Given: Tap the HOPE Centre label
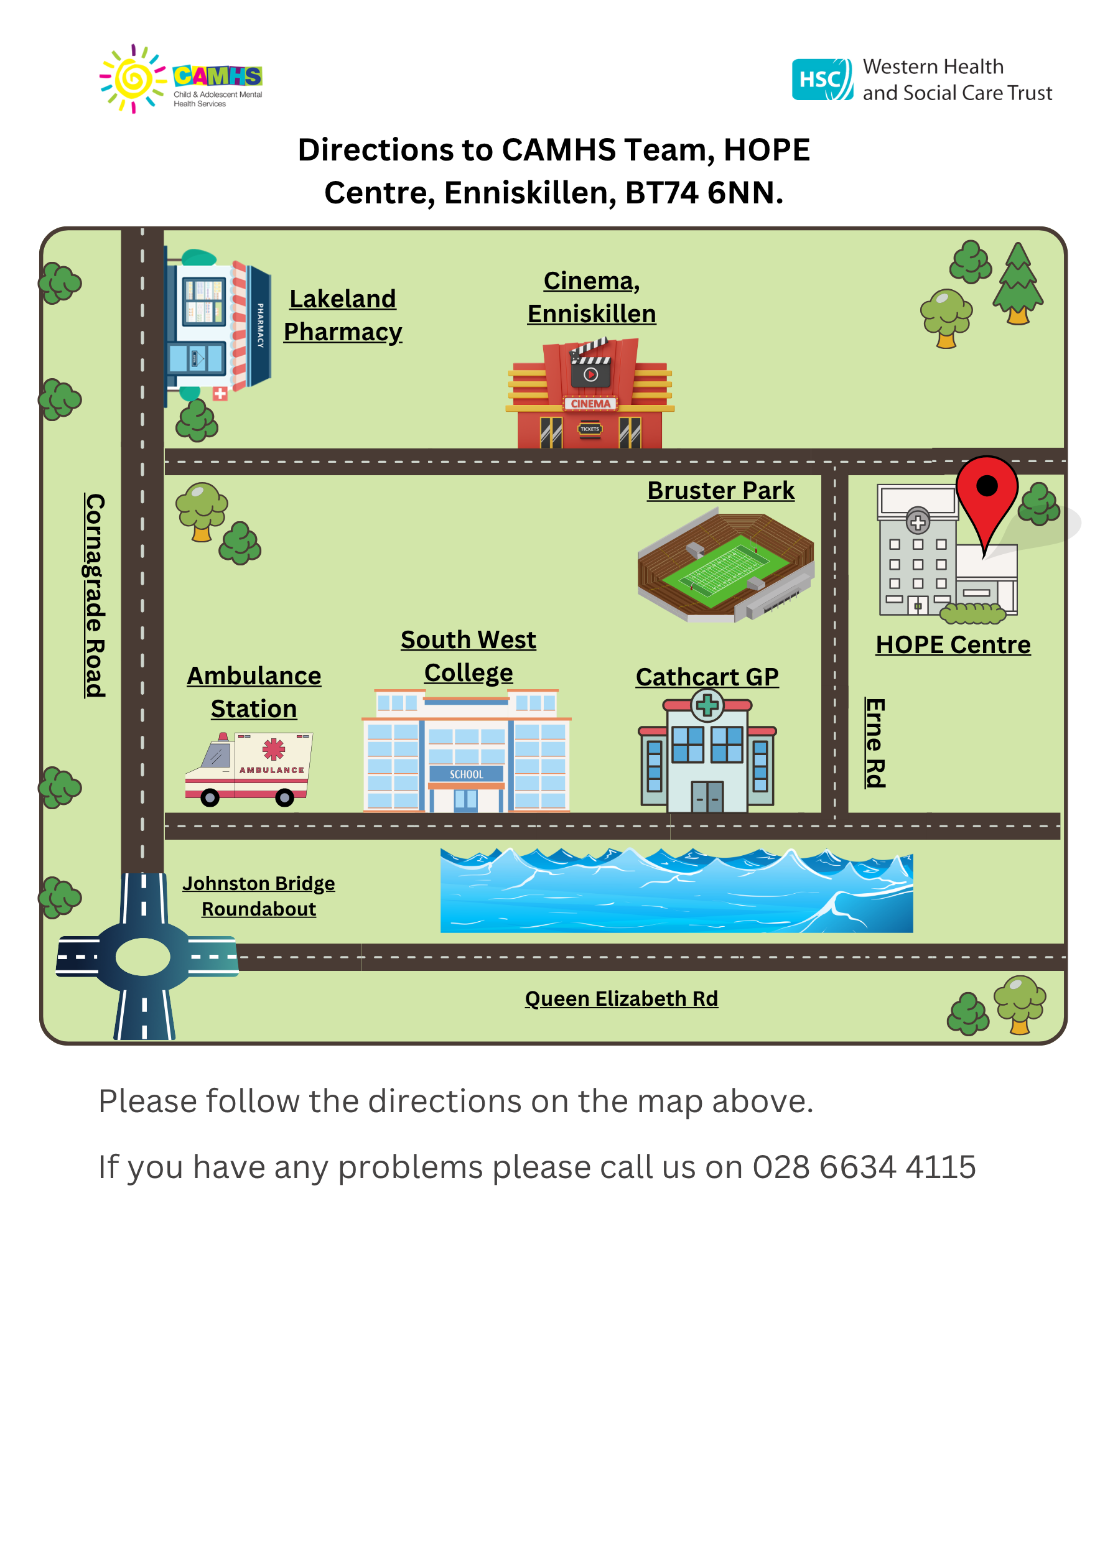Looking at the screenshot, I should pos(953,645).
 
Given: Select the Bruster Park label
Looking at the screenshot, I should pos(720,490).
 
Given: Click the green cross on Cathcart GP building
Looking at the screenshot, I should pos(707,706).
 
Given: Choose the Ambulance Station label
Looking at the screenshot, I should pos(254,692).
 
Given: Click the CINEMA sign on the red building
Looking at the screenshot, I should pos(590,404).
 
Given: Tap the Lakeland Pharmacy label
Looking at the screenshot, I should pos(343,315).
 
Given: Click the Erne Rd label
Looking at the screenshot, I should pos(875,742).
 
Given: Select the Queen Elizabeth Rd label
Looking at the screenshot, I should pos(621,998).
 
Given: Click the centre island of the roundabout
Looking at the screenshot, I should pos(143,957).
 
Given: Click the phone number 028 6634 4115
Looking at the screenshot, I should pos(864,1167).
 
